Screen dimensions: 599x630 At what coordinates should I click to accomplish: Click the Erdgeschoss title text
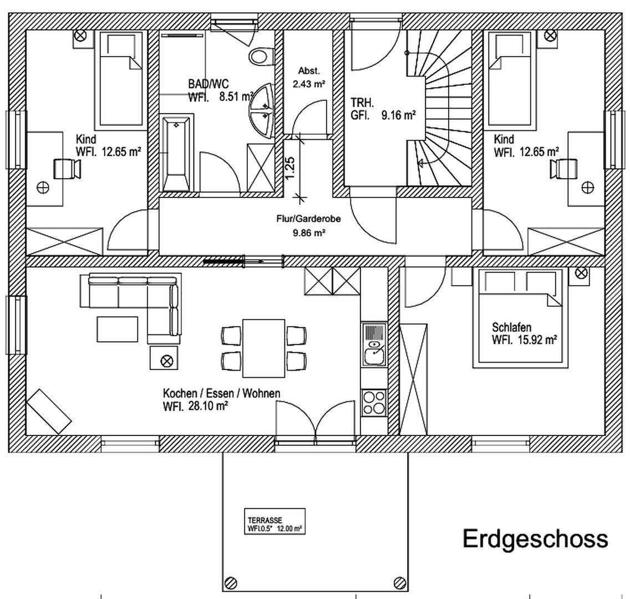tap(535, 538)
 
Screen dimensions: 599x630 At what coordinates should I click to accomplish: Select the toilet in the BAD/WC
tap(261, 56)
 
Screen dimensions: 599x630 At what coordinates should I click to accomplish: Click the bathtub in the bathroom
tap(177, 153)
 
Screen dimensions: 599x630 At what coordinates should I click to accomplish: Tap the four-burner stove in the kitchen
tap(374, 403)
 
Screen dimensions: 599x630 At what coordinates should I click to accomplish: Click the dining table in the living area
tap(263, 348)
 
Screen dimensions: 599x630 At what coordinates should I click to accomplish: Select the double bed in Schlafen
tap(517, 318)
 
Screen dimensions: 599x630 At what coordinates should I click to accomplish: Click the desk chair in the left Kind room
tap(67, 167)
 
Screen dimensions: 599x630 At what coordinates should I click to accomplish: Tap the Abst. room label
tap(309, 71)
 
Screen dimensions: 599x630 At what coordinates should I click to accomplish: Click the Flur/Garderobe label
tap(308, 219)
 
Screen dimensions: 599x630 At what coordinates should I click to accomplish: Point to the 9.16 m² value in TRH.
tap(398, 116)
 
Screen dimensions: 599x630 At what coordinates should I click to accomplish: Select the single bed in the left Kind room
tap(120, 78)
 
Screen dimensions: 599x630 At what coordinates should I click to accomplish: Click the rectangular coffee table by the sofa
tap(118, 329)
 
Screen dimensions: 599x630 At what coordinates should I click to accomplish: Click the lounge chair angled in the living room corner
tap(49, 411)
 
